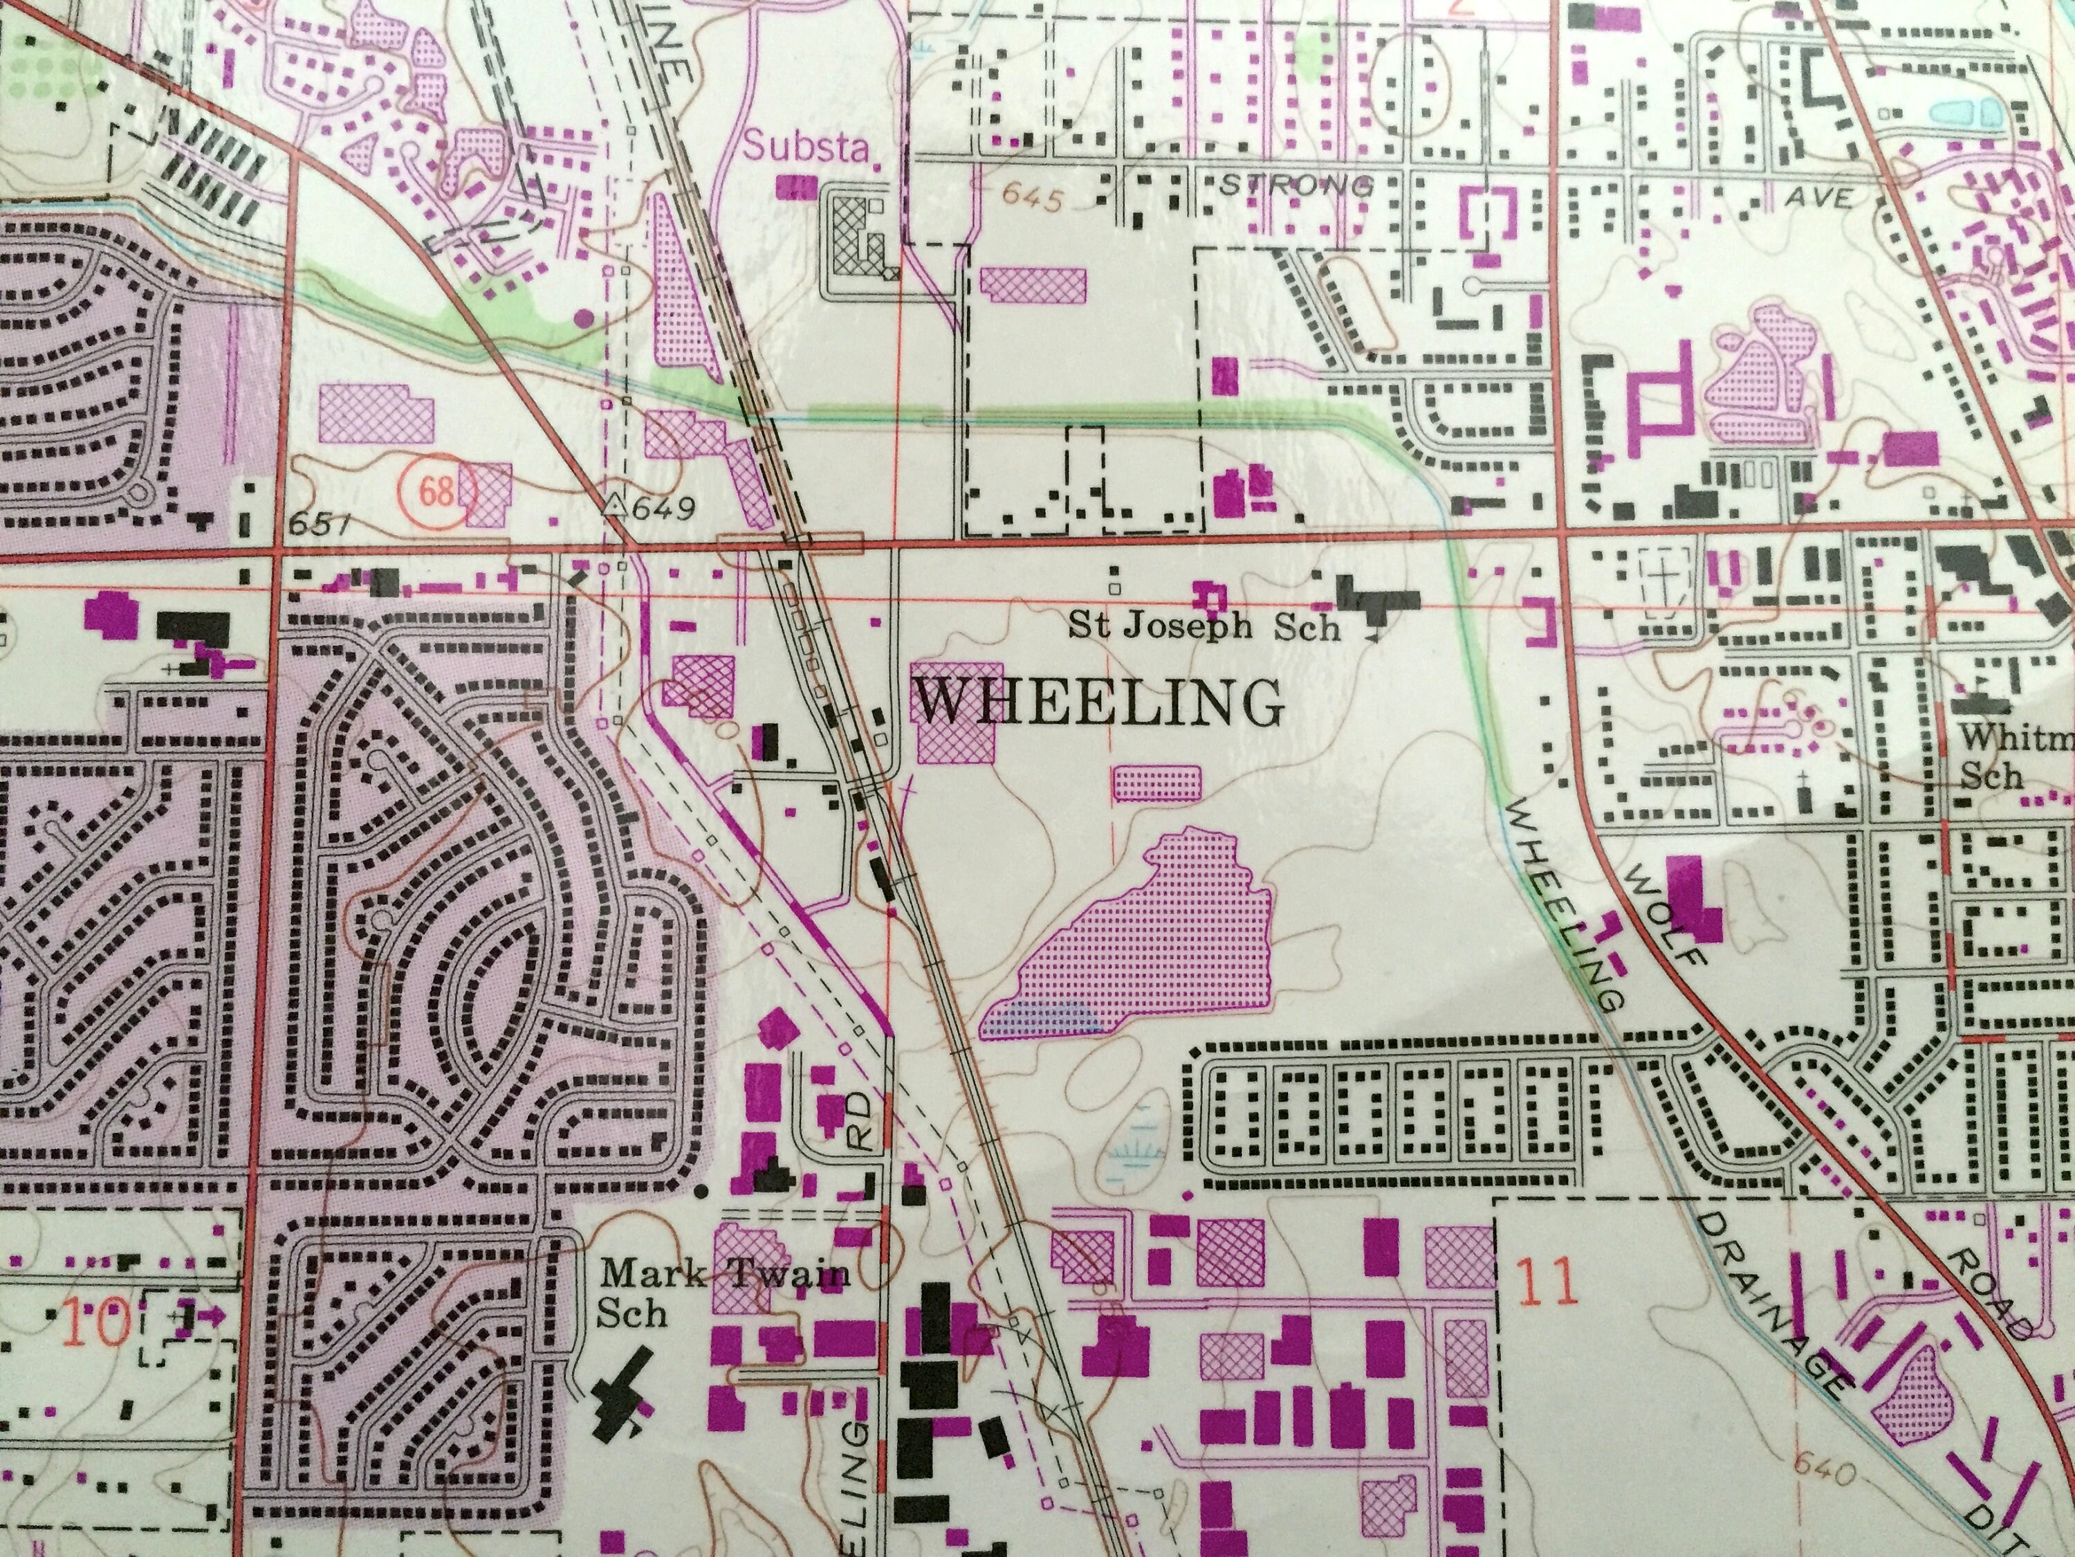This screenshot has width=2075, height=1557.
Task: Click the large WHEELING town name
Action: tap(1098, 702)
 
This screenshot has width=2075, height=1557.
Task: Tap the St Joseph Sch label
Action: tap(1203, 626)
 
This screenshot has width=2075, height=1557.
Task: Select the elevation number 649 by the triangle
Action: tap(663, 509)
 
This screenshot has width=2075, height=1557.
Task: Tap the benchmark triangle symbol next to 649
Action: tap(614, 506)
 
